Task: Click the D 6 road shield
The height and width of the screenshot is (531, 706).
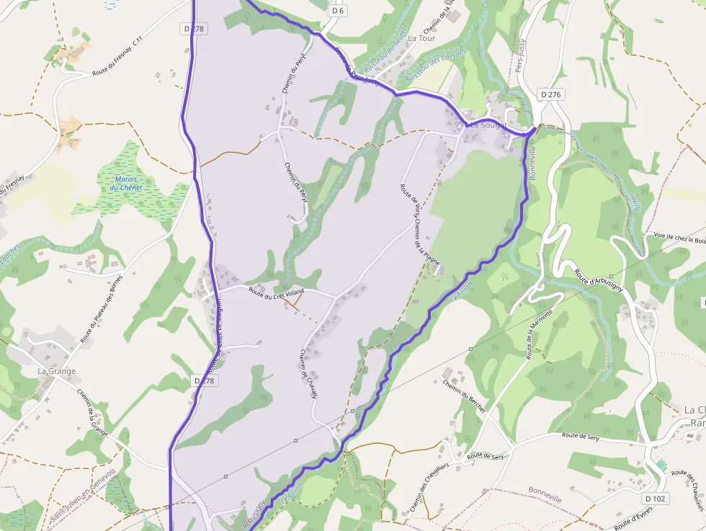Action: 338,11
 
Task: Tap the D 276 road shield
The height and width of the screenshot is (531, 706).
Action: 551,94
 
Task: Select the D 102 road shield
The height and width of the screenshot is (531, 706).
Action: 656,499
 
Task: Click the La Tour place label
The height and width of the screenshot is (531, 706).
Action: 422,37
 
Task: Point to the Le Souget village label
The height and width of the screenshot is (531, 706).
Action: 488,125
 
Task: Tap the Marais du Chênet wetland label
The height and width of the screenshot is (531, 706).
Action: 126,183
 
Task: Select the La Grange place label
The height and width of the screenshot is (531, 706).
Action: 57,371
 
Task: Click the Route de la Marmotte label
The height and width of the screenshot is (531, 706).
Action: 539,334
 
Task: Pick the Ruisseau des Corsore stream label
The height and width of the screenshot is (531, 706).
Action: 436,64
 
